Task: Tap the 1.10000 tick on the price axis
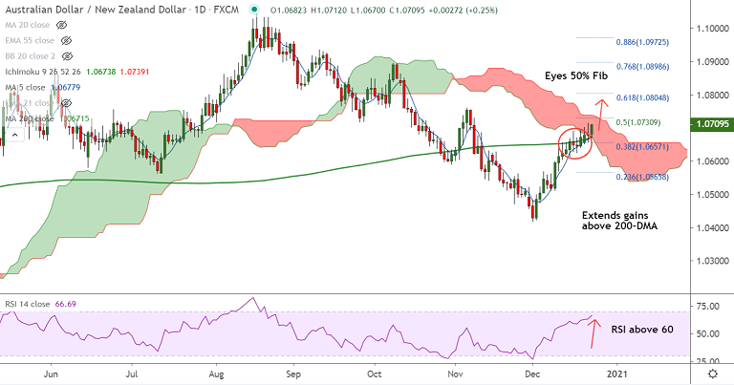coord(708,29)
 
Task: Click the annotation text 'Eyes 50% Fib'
coord(577,75)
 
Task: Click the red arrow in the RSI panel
coord(594,333)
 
